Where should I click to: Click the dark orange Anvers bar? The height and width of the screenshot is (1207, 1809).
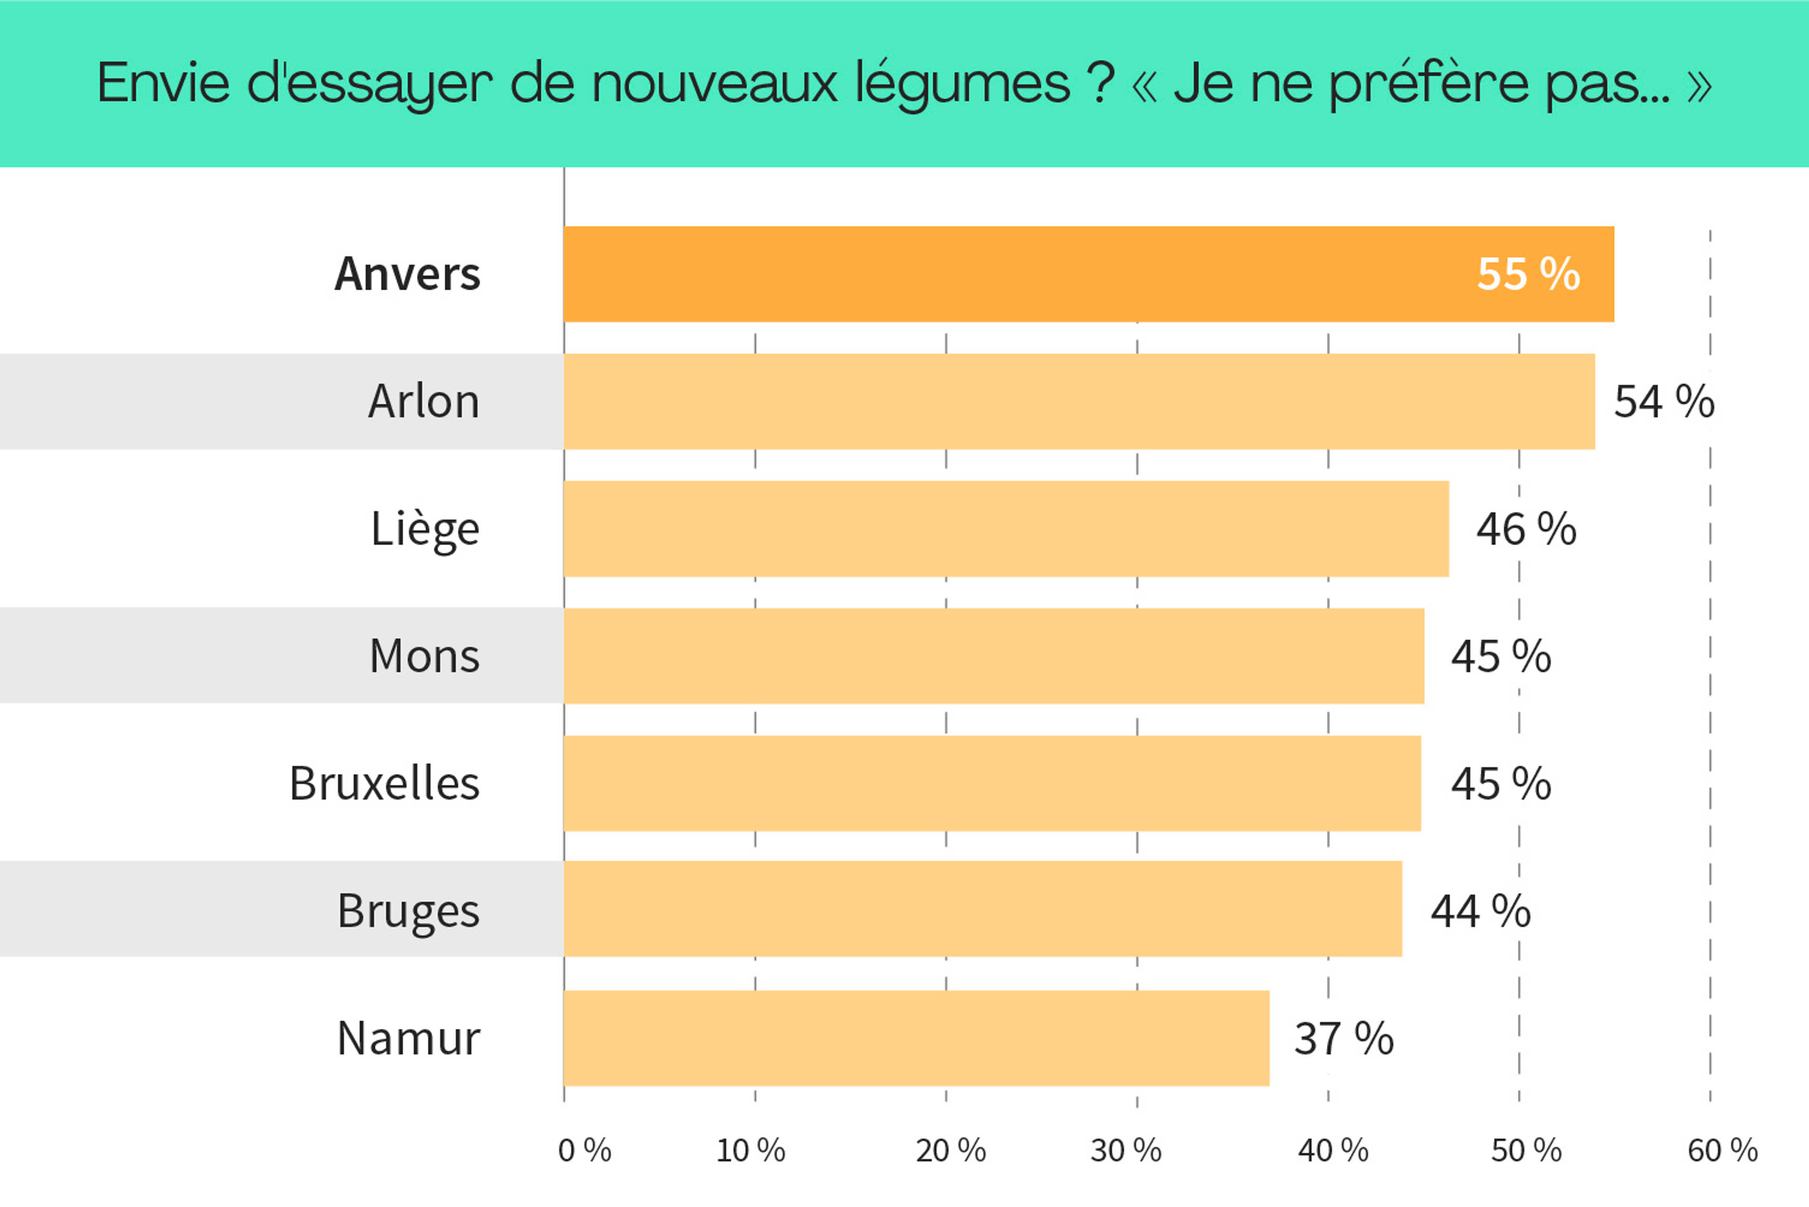[x=1001, y=274]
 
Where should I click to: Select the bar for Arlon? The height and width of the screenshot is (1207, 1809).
[x=1078, y=401]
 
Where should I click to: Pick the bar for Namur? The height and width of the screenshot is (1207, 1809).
[x=916, y=1038]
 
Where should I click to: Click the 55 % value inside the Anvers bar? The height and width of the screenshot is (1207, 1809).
[x=1528, y=274]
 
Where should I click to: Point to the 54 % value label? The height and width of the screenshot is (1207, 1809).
[x=1663, y=402]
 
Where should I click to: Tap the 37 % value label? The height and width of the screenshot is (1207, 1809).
[x=1343, y=1038]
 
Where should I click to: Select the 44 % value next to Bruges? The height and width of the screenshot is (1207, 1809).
[x=1480, y=912]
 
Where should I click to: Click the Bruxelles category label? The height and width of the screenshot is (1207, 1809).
[x=384, y=783]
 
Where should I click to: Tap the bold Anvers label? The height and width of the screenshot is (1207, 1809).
[x=407, y=274]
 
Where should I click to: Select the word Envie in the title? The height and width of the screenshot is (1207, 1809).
[x=163, y=82]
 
